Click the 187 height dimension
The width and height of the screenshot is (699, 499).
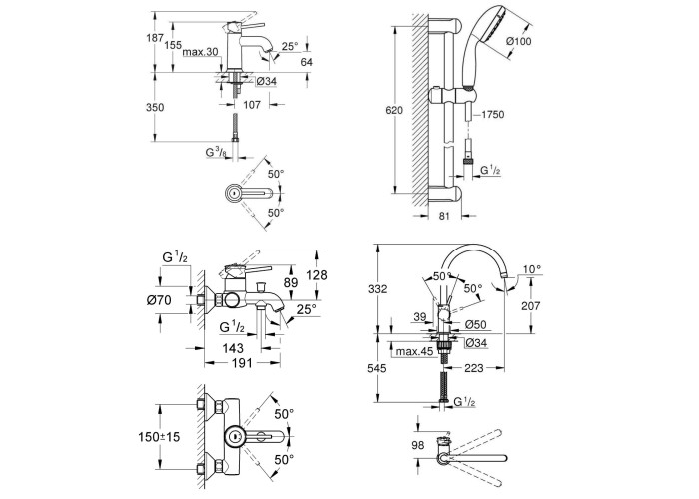(x=155, y=38)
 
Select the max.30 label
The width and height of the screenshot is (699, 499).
(x=200, y=52)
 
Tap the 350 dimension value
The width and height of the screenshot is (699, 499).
(x=155, y=107)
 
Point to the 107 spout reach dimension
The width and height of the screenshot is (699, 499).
(x=252, y=105)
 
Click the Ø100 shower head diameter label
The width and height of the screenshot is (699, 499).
(x=519, y=42)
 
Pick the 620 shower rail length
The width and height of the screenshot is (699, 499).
(x=394, y=110)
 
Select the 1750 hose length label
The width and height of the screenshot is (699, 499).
(x=492, y=115)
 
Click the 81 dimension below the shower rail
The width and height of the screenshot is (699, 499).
(x=444, y=216)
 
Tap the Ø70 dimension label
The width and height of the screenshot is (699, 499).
(x=159, y=300)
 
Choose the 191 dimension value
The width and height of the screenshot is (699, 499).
(x=243, y=363)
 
